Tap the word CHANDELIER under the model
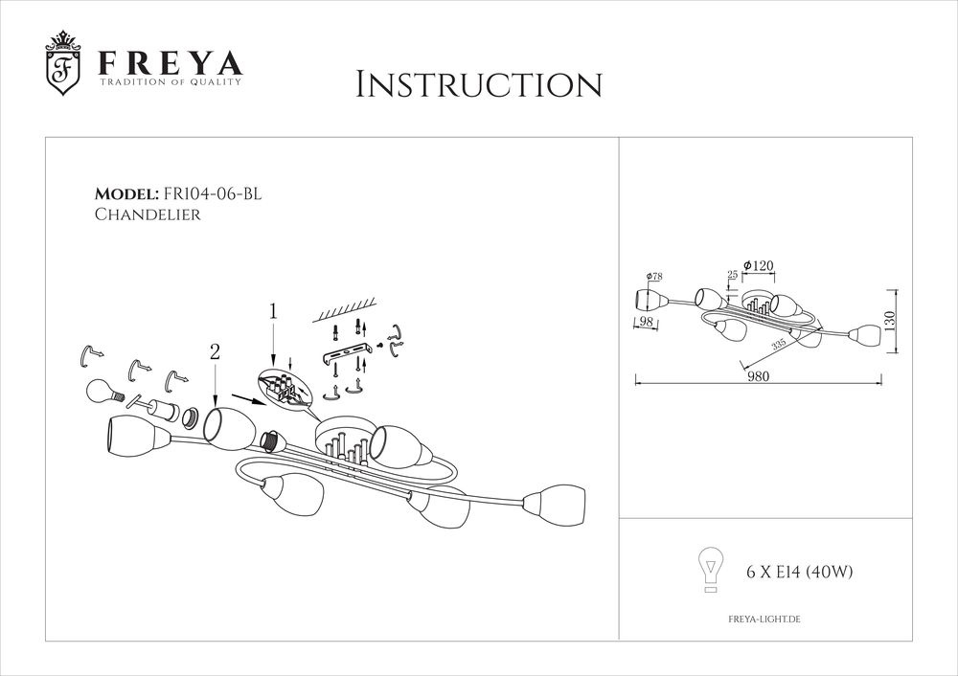148,216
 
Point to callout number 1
273,311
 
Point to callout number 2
215,352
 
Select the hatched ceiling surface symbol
346,312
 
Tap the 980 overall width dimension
760,376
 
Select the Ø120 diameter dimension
758,264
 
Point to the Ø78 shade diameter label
654,277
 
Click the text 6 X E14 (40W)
799,573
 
